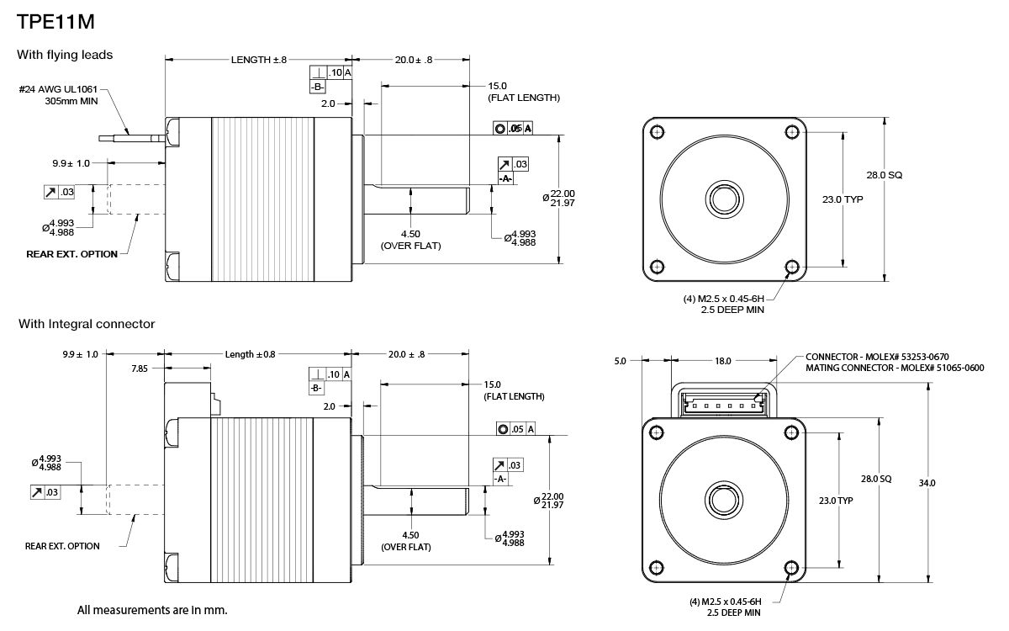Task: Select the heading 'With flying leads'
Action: tap(65, 55)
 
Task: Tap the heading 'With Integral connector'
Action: tap(87, 324)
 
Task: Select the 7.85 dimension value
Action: tap(140, 368)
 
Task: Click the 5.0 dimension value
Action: tap(620, 361)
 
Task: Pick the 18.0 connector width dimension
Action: tap(722, 361)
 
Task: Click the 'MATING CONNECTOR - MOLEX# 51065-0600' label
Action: tap(895, 368)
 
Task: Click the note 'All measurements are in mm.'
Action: tap(152, 609)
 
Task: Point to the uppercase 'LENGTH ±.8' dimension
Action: tap(259, 60)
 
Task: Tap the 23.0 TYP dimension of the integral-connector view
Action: tap(836, 500)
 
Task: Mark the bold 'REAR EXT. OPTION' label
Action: tap(72, 254)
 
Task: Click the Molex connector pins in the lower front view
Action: tap(723, 405)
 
